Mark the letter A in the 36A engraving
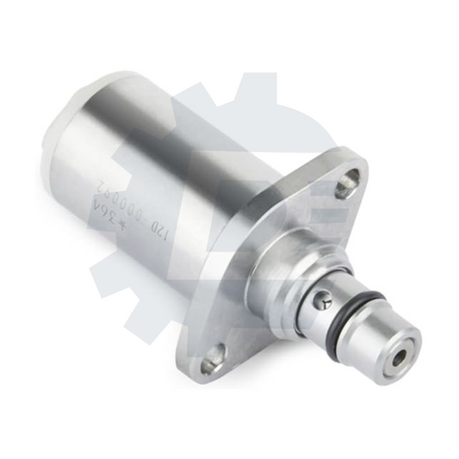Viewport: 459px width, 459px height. tap(97, 206)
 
